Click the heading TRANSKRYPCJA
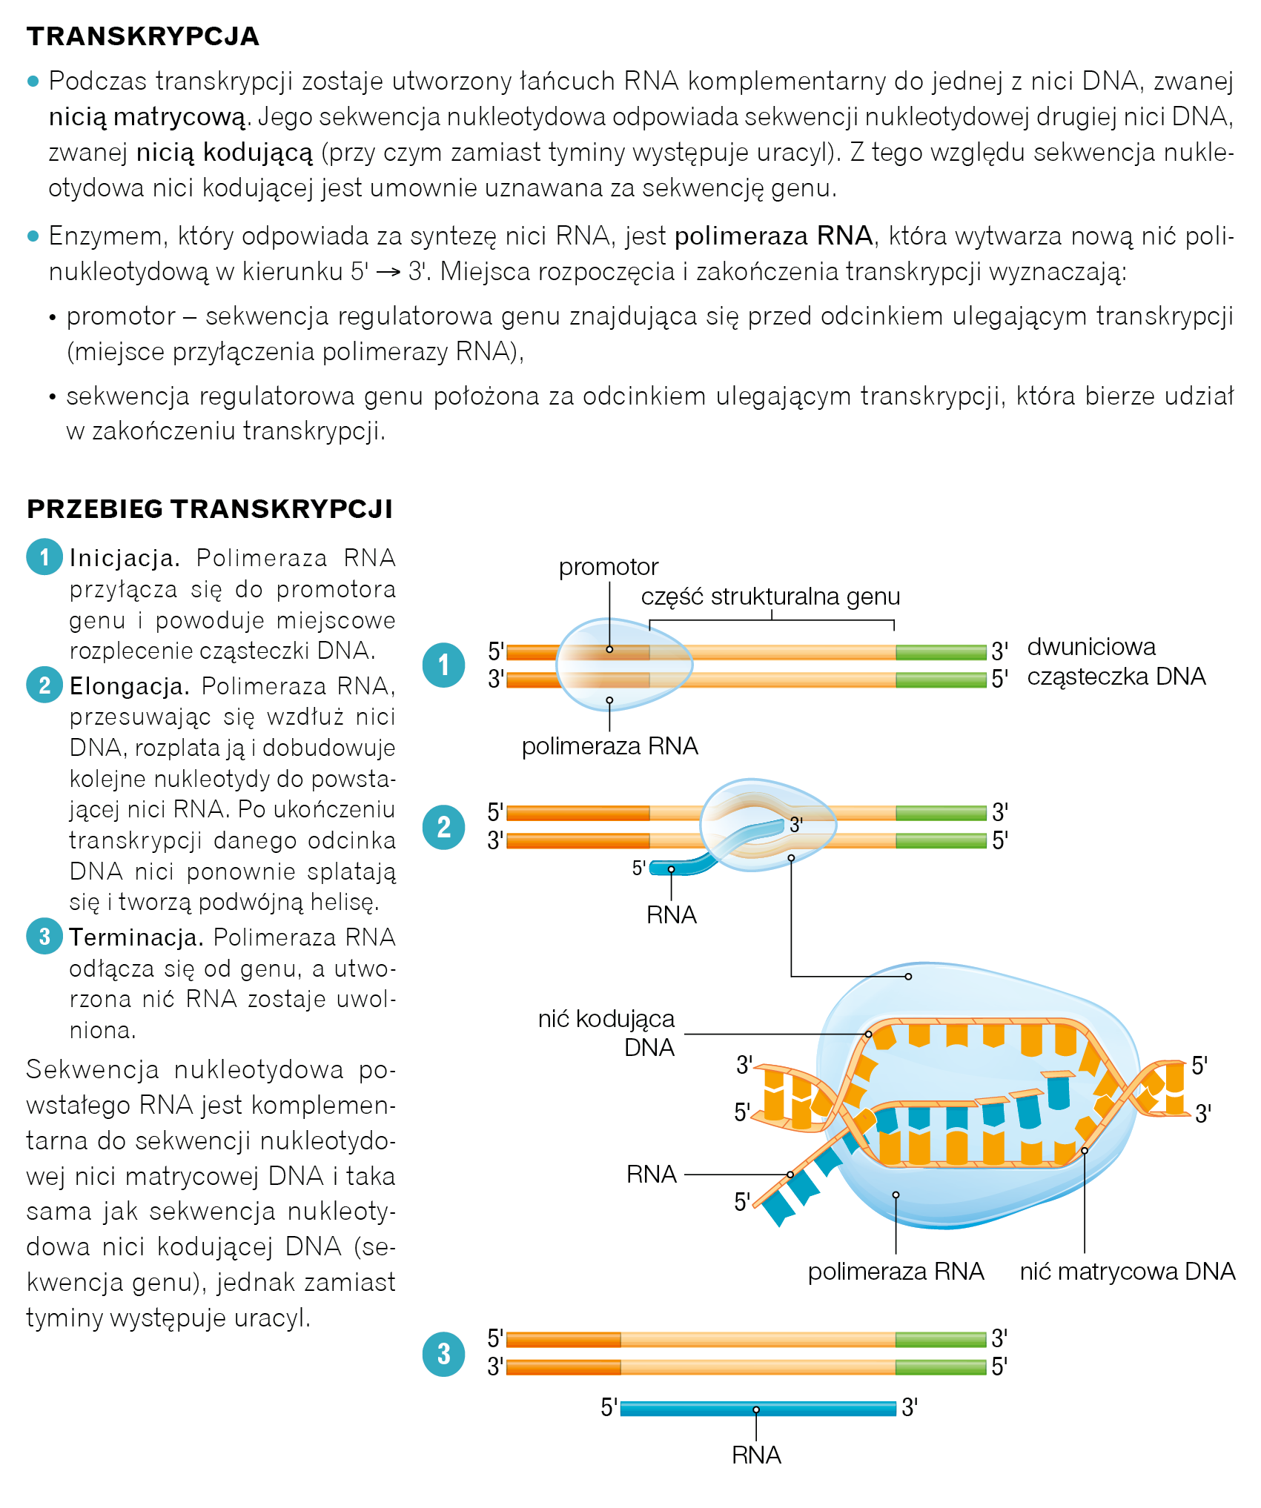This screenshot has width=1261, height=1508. tap(143, 36)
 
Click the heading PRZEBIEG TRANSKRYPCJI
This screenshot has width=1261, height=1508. tap(210, 509)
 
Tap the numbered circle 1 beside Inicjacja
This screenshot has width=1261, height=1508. tap(44, 557)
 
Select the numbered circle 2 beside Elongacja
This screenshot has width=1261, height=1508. tap(44, 685)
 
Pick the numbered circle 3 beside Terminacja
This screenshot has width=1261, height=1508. tap(44, 936)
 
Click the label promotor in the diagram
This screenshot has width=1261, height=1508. tap(608, 567)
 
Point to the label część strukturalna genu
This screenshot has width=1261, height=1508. tap(770, 597)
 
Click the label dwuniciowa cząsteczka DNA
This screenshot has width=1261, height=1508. tap(1115, 662)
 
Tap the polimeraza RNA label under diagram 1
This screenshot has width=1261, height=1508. tap(609, 746)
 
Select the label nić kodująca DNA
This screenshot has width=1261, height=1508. tap(607, 1033)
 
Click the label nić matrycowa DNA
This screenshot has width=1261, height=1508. tap(1127, 1272)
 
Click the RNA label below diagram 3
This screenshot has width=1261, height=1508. tap(756, 1455)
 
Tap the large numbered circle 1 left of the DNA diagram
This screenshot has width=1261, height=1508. tap(444, 665)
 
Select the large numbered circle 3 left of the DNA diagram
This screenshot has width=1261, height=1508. tap(444, 1354)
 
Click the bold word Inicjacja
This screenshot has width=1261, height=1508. tap(125, 558)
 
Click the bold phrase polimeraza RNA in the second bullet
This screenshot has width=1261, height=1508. tap(773, 236)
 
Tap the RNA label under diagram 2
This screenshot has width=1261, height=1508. tap(672, 915)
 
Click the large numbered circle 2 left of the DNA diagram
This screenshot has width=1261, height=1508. tap(444, 827)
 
